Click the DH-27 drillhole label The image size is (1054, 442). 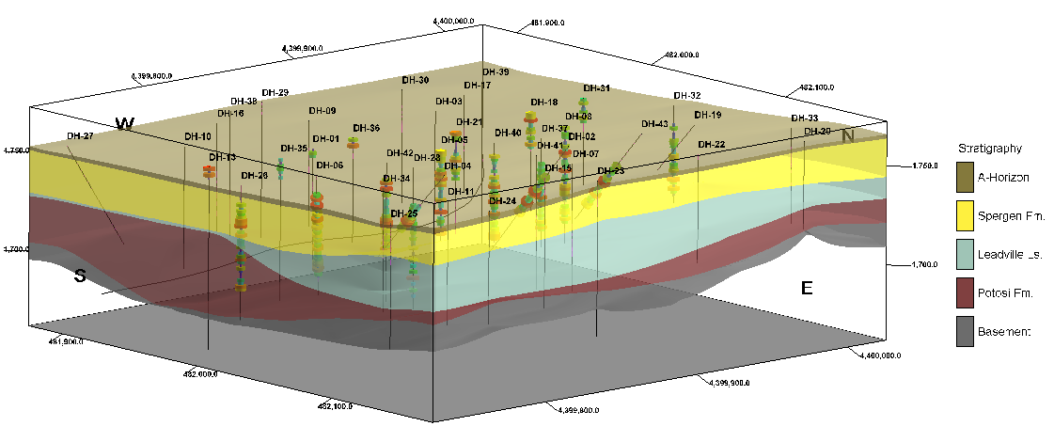[80, 136]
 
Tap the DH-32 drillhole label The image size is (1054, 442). [687, 96]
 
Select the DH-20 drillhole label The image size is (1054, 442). [817, 132]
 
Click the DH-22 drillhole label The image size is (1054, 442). [712, 145]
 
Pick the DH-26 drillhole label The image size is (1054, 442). [254, 176]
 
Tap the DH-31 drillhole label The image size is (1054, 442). [596, 88]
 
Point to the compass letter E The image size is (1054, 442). [806, 288]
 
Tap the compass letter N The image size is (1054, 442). [848, 136]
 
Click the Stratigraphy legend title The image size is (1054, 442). [989, 149]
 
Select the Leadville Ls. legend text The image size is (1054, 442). [1006, 255]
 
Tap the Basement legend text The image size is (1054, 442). [1005, 331]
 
